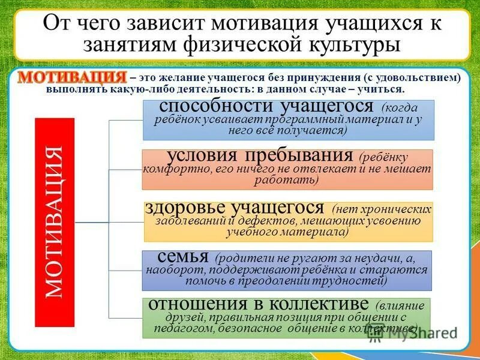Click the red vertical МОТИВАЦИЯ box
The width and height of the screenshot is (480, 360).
tap(55, 222)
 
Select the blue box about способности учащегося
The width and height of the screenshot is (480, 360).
tap(288, 119)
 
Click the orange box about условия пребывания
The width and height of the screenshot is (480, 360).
tap(287, 169)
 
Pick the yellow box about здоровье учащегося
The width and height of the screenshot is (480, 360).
tap(289, 221)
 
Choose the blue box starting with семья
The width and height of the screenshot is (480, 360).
tap(287, 270)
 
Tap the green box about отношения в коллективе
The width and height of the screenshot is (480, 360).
tap(287, 317)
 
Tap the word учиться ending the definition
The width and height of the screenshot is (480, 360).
tap(384, 89)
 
